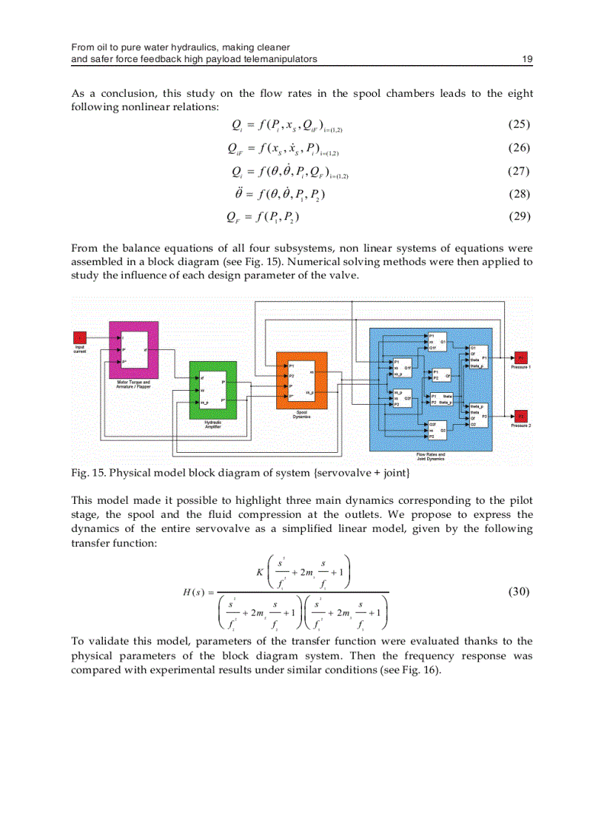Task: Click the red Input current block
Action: (81, 338)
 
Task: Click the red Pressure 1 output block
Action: (520, 357)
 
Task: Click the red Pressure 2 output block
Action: (520, 416)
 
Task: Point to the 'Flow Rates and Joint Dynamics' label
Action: (431, 457)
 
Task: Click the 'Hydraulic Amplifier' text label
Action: (213, 425)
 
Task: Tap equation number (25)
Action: (520, 124)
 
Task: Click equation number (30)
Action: (520, 591)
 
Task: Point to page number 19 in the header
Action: (527, 59)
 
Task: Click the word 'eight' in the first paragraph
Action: (520, 94)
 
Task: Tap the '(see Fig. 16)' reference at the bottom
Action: (411, 670)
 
